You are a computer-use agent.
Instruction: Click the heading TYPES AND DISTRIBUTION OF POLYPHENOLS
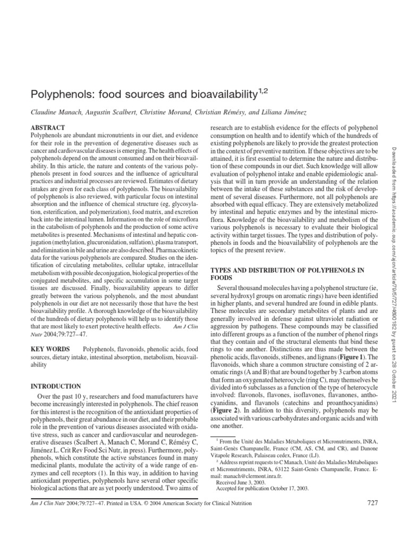(287, 270)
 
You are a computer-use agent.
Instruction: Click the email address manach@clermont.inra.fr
(239, 475)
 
